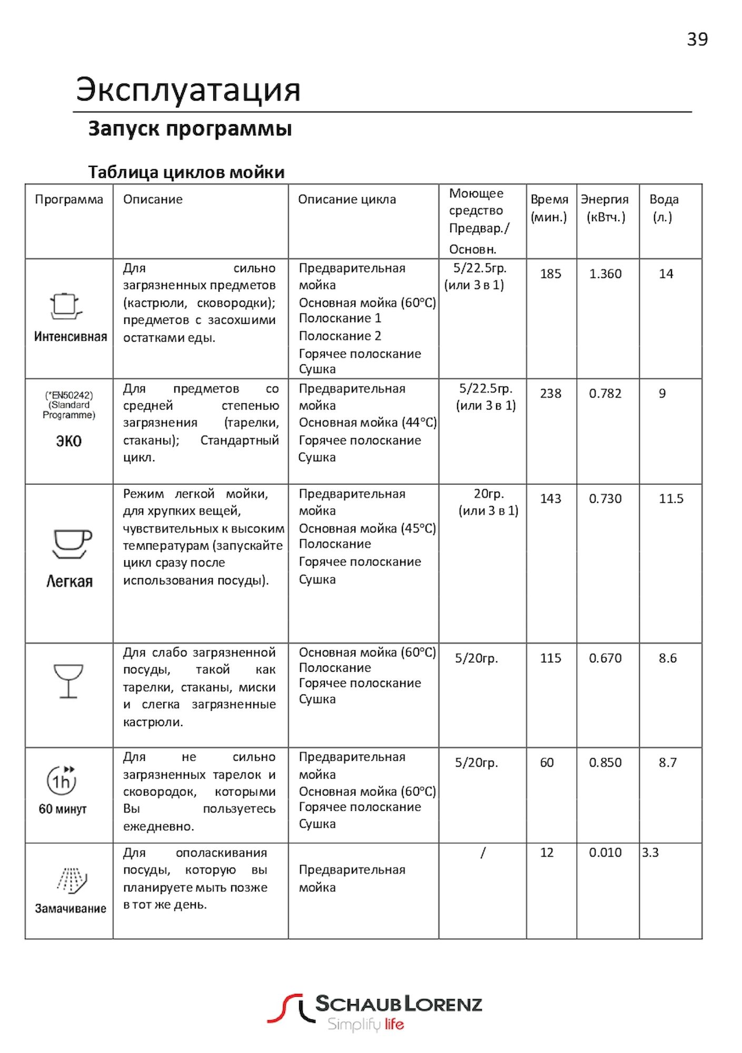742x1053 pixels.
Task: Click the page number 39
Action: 697,39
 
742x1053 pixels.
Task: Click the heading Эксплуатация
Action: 188,90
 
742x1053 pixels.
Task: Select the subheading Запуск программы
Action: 190,128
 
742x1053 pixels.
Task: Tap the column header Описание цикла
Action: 347,200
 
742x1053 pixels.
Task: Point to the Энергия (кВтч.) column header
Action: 605,208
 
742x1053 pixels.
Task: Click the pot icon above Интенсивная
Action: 66,306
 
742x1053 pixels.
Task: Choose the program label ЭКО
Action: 68,441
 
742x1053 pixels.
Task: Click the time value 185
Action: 550,274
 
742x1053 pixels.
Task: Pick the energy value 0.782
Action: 605,393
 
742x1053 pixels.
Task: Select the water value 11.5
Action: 671,499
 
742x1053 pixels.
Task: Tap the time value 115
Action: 550,658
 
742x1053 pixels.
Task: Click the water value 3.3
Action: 650,852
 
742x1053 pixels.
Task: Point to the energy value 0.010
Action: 605,852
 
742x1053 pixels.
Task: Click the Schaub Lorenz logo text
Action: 398,1004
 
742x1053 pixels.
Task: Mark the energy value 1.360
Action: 605,274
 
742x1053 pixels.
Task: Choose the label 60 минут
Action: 63,809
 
